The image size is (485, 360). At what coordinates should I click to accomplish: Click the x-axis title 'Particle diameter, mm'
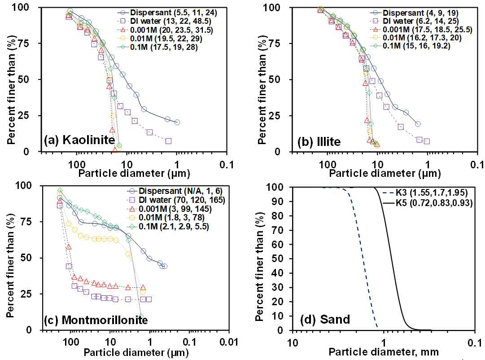tap(384, 352)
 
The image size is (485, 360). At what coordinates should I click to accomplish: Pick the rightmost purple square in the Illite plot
tap(427, 141)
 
